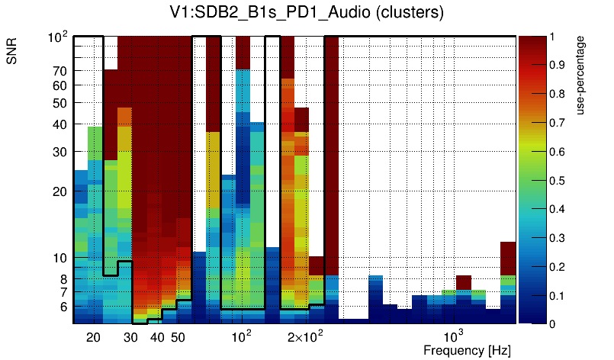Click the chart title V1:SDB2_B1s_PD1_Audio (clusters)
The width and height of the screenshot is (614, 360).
click(306, 13)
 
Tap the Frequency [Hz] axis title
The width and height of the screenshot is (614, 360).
click(467, 350)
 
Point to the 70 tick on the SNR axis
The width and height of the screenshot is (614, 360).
click(59, 71)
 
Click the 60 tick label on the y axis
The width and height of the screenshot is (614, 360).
click(59, 85)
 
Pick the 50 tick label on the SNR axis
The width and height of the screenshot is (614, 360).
click(59, 103)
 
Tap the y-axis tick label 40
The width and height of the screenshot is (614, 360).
click(59, 124)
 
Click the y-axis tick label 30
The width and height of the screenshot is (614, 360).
click(59, 152)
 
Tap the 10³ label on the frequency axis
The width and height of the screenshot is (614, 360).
click(454, 336)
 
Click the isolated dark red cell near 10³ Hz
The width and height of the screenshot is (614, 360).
click(464, 282)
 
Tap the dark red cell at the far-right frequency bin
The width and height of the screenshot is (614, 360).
click(508, 258)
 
